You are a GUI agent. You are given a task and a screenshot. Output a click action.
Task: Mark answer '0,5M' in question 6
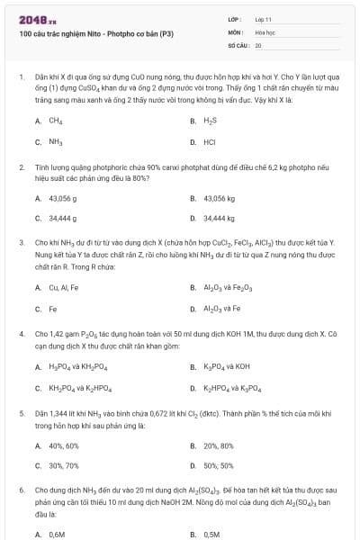(212, 534)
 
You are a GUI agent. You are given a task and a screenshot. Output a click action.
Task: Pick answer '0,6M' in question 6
(58, 534)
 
